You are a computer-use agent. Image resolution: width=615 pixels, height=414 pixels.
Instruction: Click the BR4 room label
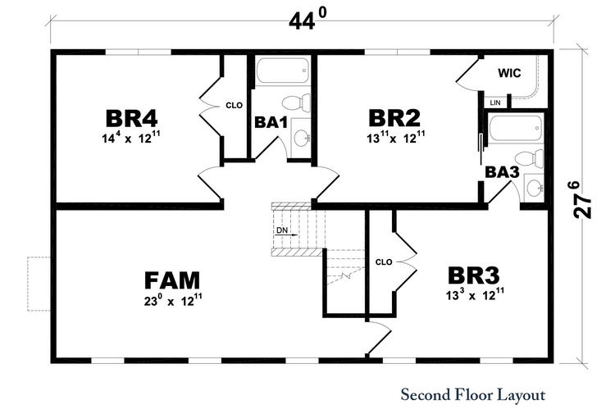click(x=131, y=118)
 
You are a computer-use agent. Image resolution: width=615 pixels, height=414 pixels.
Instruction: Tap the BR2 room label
click(x=394, y=118)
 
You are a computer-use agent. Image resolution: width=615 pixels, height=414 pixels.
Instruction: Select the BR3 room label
click(x=474, y=275)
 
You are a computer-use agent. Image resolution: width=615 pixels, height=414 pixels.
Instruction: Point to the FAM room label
click(x=172, y=280)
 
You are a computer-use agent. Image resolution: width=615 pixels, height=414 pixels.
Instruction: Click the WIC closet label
click(x=509, y=73)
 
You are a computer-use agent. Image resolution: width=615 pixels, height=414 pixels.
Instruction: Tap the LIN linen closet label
click(x=495, y=102)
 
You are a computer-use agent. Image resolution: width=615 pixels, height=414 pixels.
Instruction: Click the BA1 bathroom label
click(x=271, y=122)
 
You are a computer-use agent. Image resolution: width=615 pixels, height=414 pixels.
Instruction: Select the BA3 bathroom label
click(x=502, y=172)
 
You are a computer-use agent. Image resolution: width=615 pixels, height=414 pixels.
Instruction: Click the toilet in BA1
click(x=296, y=102)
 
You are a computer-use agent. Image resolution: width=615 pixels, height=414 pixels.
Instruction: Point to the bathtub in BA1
click(x=282, y=71)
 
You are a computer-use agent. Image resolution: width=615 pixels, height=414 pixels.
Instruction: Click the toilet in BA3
click(x=529, y=159)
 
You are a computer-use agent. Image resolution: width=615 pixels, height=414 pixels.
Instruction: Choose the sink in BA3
click(x=534, y=189)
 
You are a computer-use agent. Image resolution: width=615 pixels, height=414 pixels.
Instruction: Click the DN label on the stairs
click(x=282, y=230)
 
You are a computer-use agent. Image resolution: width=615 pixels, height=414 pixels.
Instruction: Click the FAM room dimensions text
click(x=173, y=300)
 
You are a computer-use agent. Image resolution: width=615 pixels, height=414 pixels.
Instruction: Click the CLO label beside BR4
click(x=235, y=106)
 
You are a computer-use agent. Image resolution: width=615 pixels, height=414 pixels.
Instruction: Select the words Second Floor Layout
click(x=473, y=395)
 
